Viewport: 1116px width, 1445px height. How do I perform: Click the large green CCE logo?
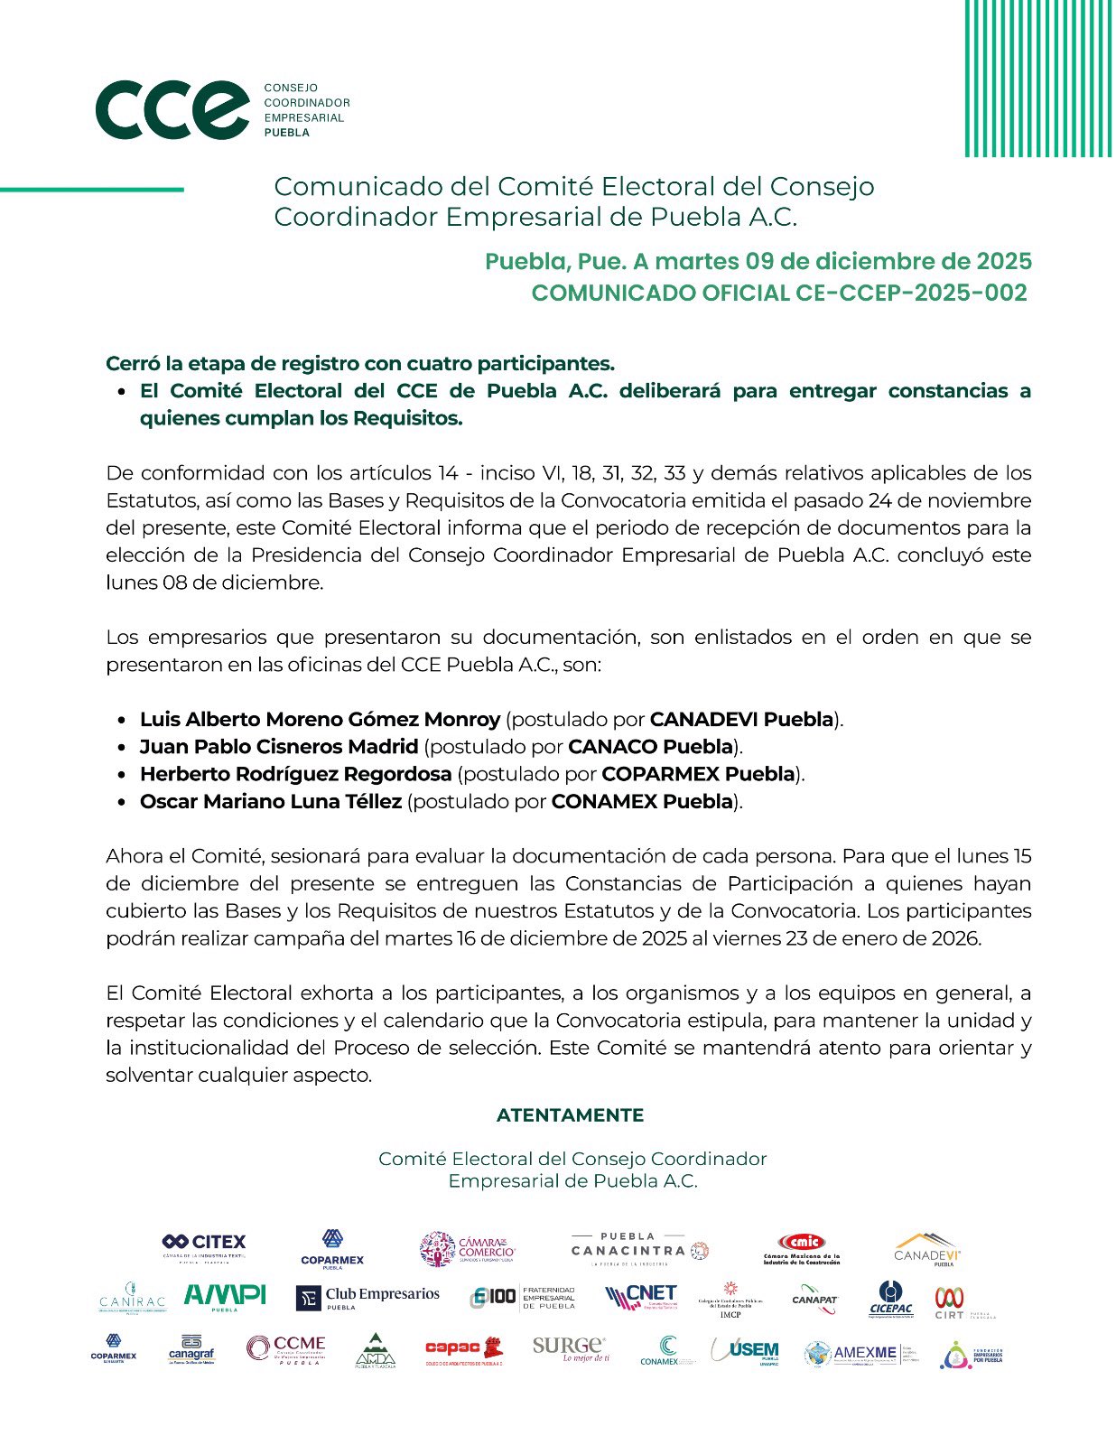172,109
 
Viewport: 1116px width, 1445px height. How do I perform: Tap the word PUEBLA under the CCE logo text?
286,133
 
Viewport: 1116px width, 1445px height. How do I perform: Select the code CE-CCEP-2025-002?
912,293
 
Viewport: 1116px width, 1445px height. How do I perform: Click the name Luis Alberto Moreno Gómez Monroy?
320,720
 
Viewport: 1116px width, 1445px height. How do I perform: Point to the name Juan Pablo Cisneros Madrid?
279,747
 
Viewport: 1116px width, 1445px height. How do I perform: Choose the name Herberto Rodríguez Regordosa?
295,774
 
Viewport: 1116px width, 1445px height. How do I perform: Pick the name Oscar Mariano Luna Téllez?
270,801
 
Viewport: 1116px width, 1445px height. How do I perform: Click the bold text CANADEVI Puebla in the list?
741,720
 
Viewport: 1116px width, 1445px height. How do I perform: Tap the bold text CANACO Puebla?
650,747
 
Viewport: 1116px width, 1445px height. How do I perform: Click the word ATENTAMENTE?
570,1115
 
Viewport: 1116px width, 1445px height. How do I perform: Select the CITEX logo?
204,1246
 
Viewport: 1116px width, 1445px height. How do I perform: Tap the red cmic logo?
801,1247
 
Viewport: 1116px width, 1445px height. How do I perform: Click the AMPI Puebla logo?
225,1297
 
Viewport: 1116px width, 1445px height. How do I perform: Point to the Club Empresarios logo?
367,1298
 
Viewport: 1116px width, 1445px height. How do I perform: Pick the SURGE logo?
570,1348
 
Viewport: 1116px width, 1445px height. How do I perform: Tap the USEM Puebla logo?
745,1351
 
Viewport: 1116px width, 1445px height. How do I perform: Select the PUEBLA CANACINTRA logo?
639,1248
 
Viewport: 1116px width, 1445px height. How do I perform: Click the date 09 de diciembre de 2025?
888,261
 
